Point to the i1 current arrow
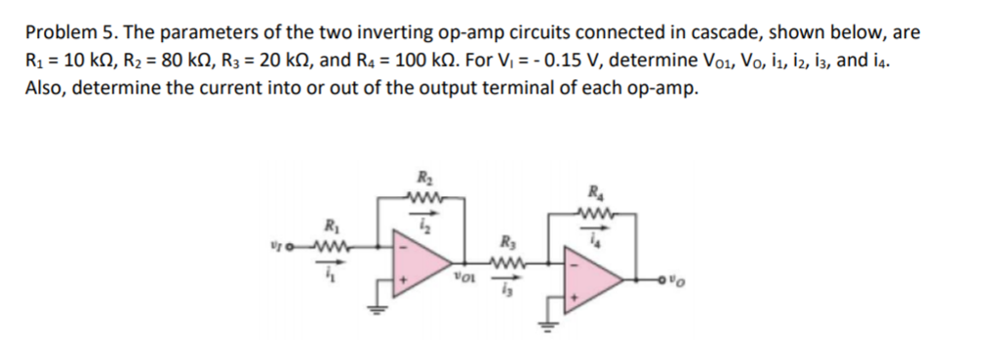[329, 272]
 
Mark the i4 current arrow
[593, 237]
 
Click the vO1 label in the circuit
[464, 282]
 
